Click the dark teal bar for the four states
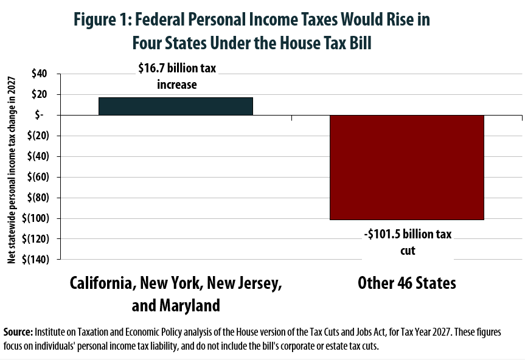[x=176, y=106]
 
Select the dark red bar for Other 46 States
[x=406, y=167]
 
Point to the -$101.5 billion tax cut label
[x=408, y=242]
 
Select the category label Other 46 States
[x=407, y=283]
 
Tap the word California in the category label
[x=101, y=283]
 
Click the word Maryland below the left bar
[x=188, y=305]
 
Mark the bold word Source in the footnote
[x=18, y=333]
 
